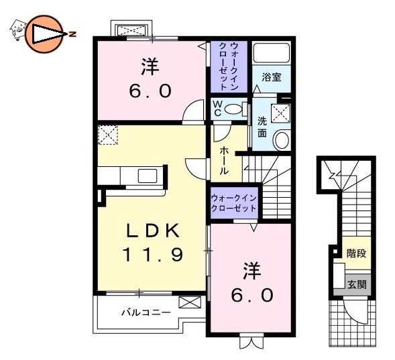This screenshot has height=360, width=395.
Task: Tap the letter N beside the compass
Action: (x=71, y=33)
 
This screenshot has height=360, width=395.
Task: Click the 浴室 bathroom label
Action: (x=272, y=78)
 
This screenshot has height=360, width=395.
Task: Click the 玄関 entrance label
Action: (x=357, y=284)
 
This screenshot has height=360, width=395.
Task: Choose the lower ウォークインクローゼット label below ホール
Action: (x=233, y=204)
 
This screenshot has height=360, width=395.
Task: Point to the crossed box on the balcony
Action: (x=189, y=302)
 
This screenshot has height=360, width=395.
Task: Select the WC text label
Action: (x=217, y=108)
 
